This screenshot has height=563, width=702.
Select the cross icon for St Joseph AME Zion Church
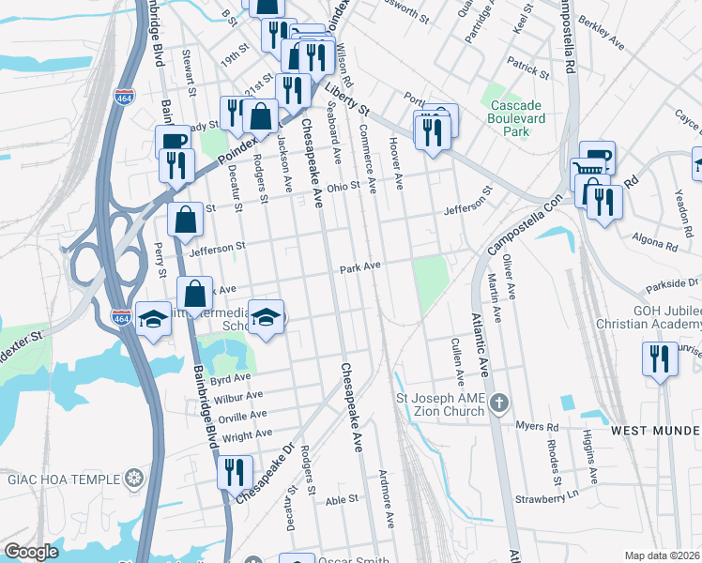tap(499, 404)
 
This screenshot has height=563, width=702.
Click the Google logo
tap(31, 552)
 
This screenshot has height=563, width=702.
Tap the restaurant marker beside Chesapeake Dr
tap(234, 470)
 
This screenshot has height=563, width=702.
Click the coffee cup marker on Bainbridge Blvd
tap(172, 142)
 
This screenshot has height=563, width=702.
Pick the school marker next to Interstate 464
tap(152, 319)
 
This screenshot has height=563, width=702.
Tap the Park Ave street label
tap(360, 267)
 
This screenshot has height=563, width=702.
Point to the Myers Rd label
tap(536, 426)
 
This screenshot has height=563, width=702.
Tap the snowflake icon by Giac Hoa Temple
tap(135, 479)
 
